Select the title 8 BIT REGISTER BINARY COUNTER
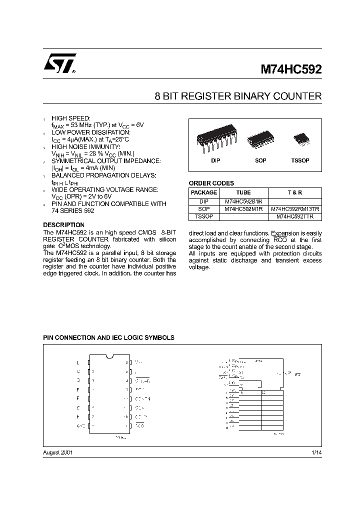point(238,96)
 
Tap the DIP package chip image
point(215,139)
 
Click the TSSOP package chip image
point(300,137)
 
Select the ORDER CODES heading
point(211,183)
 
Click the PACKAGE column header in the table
point(204,192)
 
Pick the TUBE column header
point(243,192)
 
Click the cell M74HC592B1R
point(243,200)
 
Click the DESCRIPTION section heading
point(63,225)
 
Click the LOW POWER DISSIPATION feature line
point(90,132)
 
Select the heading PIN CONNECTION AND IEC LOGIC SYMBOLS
point(108,337)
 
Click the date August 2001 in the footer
point(58,452)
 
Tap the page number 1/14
point(316,452)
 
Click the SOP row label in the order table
point(204,209)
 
